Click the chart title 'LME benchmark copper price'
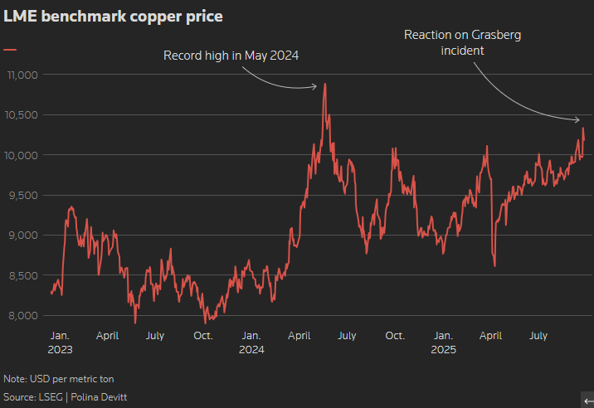(x=113, y=16)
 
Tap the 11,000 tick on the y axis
(x=22, y=75)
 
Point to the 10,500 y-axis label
(x=22, y=115)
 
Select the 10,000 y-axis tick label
(x=22, y=155)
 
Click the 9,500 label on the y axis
(x=23, y=195)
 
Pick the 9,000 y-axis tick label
(x=23, y=236)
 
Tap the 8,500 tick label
(x=23, y=275)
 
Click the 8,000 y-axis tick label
(x=23, y=315)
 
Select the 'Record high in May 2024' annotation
(x=231, y=56)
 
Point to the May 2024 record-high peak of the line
(x=324, y=84)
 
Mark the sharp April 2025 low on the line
(x=494, y=265)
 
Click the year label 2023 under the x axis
(x=60, y=350)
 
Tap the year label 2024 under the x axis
(x=251, y=350)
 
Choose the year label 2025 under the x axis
(x=443, y=350)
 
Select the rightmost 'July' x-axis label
(x=538, y=336)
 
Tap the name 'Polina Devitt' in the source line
(x=100, y=398)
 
